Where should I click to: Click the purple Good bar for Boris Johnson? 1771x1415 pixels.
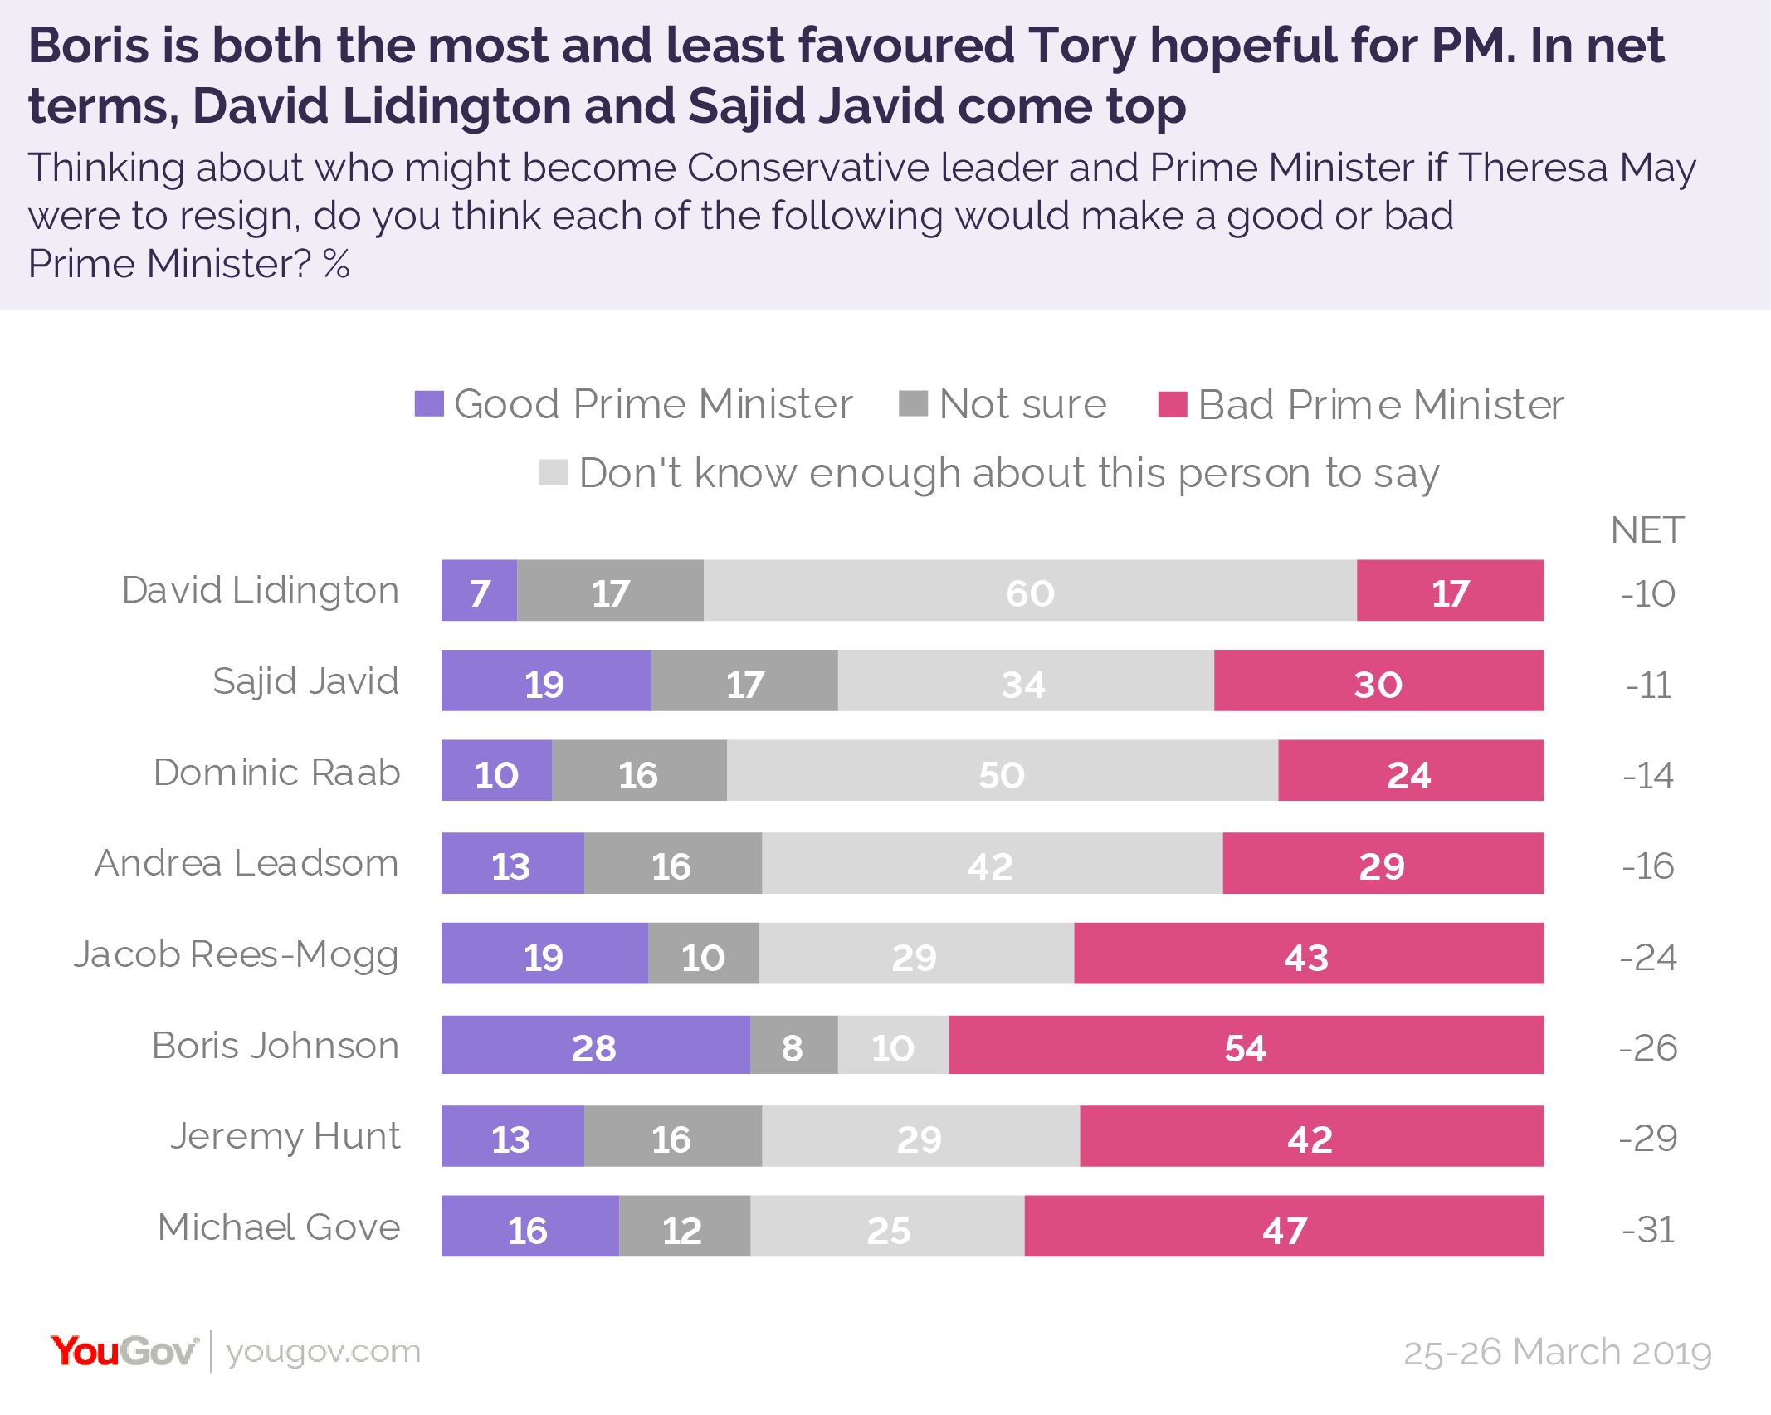[x=595, y=1045]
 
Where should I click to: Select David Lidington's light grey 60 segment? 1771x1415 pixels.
[x=1030, y=590]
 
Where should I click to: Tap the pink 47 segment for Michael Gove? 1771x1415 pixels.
[x=1284, y=1226]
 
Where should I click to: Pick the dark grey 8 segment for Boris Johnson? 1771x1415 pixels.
[x=793, y=1045]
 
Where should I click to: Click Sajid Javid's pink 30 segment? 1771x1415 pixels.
[x=1378, y=681]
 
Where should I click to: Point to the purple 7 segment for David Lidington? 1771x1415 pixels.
[x=479, y=590]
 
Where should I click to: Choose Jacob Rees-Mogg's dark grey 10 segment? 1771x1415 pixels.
[x=703, y=954]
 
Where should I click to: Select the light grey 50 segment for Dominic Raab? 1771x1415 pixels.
[x=1002, y=771]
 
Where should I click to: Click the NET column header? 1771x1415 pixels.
[x=1647, y=530]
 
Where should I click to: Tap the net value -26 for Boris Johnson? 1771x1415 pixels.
[x=1648, y=1047]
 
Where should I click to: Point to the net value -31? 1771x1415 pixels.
[x=1648, y=1229]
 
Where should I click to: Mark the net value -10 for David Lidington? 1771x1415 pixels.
[x=1648, y=593]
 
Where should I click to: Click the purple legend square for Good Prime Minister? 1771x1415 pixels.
[x=429, y=404]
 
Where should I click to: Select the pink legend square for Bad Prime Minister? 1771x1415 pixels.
[x=1172, y=404]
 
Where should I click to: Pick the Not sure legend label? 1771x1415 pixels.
[x=1022, y=404]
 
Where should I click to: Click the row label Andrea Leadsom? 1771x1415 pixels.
[x=246, y=863]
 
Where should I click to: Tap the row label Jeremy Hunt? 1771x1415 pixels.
[x=285, y=1136]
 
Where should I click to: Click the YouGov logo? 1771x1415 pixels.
[x=124, y=1351]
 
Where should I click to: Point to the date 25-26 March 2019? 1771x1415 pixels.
[x=1558, y=1352]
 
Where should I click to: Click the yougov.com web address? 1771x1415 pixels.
[x=323, y=1352]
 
